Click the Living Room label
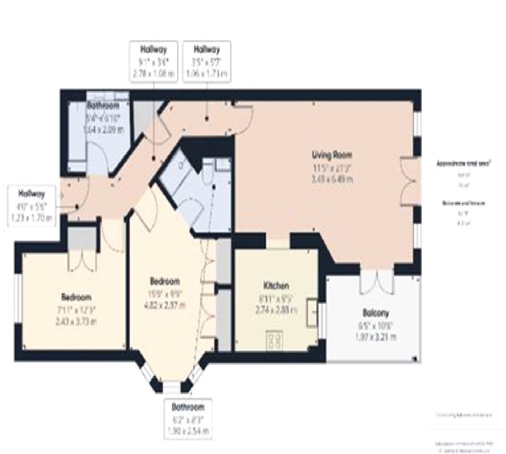point(332,155)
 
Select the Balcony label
point(375,313)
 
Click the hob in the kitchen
point(275,340)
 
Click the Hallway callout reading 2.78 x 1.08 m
point(153,61)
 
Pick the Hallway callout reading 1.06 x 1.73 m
point(207,61)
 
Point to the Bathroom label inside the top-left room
point(103,105)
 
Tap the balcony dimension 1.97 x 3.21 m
point(375,336)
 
